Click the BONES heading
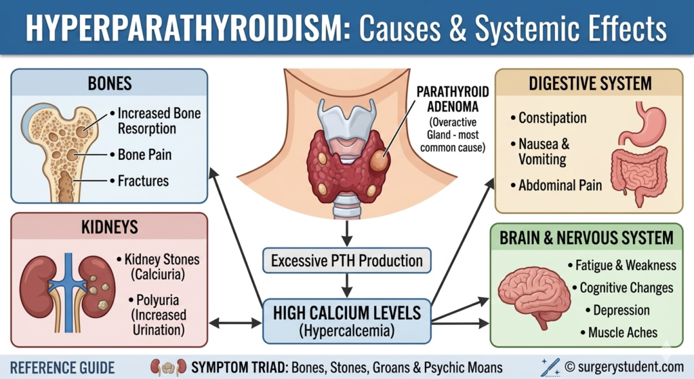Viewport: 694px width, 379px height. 109,84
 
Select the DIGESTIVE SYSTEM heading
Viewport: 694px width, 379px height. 588,84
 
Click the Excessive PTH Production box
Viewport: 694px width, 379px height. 346,260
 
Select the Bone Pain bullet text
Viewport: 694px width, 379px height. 144,155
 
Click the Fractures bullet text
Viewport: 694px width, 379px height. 143,181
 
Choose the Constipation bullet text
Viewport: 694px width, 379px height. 552,118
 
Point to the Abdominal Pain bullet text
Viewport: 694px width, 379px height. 560,185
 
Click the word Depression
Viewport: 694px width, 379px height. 621,311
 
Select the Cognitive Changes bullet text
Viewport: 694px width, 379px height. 626,287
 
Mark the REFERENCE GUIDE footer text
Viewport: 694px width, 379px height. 63,367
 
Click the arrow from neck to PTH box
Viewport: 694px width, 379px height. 346,234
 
